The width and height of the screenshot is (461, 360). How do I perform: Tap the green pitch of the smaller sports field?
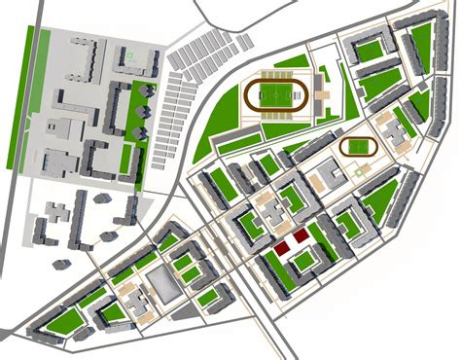(360, 147)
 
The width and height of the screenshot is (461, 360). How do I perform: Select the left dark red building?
(282, 248)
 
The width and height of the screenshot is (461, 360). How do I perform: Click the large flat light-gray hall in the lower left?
(162, 283)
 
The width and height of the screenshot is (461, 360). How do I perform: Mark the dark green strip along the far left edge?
(26, 97)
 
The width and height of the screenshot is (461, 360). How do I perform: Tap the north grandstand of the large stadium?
(279, 70)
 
